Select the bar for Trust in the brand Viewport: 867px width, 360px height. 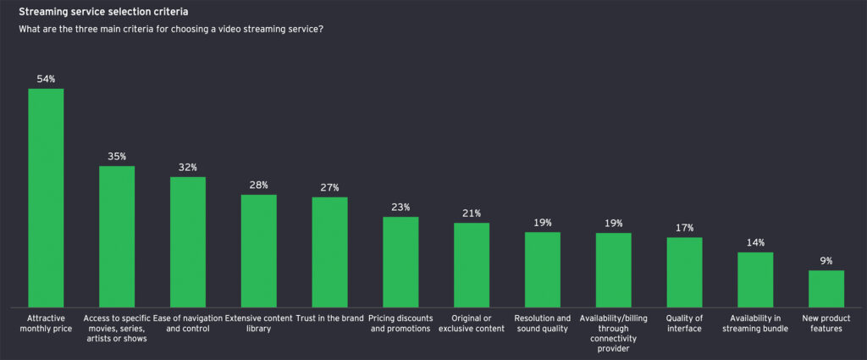point(329,252)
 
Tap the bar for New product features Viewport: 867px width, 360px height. point(826,288)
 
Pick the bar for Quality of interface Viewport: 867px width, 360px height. point(684,272)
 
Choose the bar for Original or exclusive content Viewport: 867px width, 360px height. point(472,264)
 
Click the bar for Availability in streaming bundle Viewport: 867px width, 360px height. point(755,280)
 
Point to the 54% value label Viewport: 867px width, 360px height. point(46,79)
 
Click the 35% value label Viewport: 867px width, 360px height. point(117,156)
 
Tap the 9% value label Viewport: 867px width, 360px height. point(826,261)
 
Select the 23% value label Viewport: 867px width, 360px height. point(400,207)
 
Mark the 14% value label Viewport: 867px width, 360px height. point(755,242)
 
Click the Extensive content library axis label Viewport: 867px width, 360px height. point(259,323)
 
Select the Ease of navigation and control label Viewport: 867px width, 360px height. point(188,323)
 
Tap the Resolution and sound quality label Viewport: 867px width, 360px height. point(543,323)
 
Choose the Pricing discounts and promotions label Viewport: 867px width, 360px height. point(400,323)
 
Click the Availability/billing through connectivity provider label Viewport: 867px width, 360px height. point(614,333)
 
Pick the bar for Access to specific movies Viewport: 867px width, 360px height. point(117,236)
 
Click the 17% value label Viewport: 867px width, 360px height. point(684,228)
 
